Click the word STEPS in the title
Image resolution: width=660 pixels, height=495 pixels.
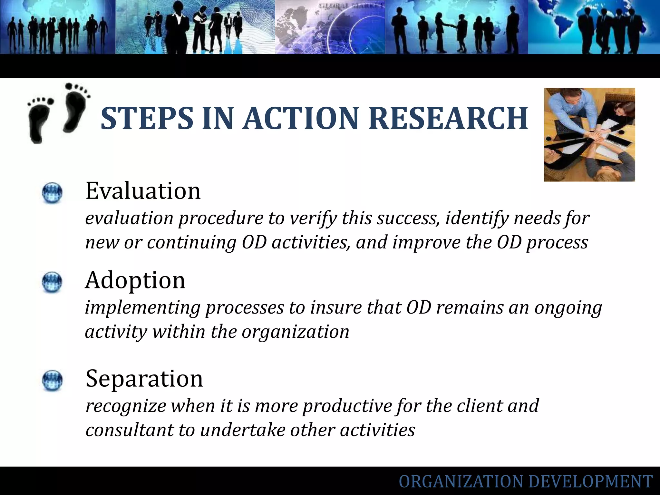coord(147,119)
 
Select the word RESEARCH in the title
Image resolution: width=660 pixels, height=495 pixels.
coord(448,119)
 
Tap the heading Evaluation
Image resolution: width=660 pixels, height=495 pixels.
coord(143,191)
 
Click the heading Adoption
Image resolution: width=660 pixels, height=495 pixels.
coord(135,280)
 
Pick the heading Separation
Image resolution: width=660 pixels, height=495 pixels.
coord(144,378)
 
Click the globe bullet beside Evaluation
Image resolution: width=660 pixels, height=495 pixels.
coord(52,193)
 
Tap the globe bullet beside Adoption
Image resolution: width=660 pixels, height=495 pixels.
coord(52,283)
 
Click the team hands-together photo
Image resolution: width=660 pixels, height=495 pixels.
coord(589,135)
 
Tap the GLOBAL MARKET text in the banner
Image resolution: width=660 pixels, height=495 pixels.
coord(351,6)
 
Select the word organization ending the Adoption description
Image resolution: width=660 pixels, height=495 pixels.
coord(295,332)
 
